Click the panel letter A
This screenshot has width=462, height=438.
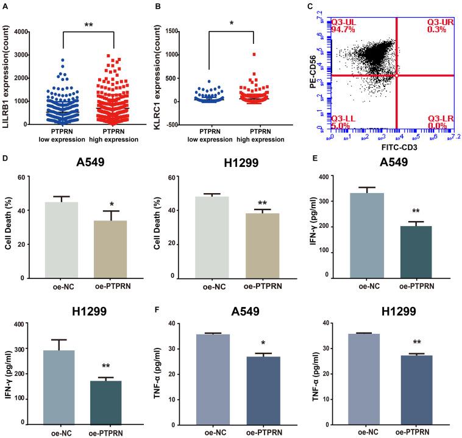pos(5,7)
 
